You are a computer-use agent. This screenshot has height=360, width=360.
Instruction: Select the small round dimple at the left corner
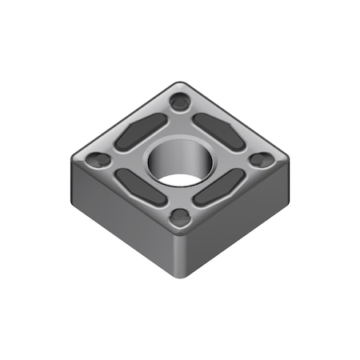tap(98, 159)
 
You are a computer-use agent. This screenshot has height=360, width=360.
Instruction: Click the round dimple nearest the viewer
tap(182, 216)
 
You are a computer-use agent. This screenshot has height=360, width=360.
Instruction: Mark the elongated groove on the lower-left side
tap(140, 187)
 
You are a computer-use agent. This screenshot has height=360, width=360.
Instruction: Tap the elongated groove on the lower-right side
tap(220, 187)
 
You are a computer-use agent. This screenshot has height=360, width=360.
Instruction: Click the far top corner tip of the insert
tap(182, 82)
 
